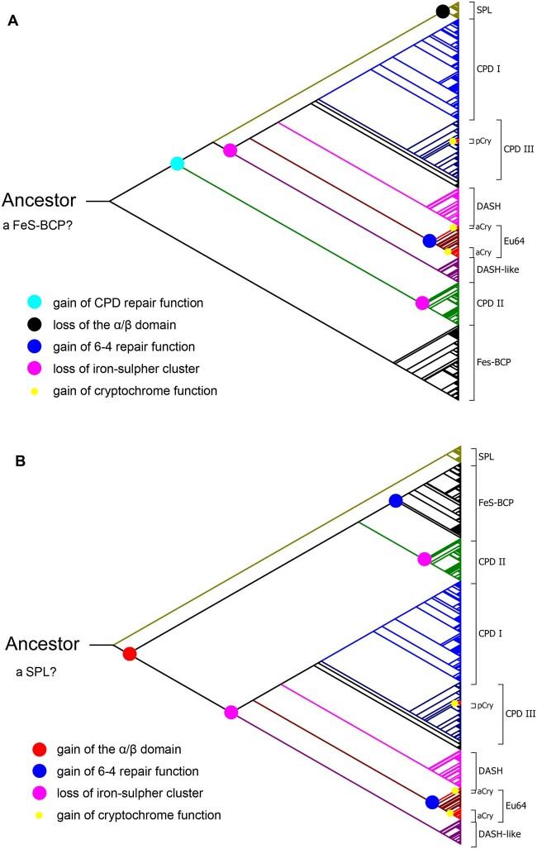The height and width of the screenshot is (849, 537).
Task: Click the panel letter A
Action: tap(12, 22)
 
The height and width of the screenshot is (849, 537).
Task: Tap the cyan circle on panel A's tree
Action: tap(177, 163)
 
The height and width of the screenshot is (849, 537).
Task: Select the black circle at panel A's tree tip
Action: tap(443, 11)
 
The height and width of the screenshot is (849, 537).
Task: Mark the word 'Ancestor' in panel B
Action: tap(42, 643)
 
